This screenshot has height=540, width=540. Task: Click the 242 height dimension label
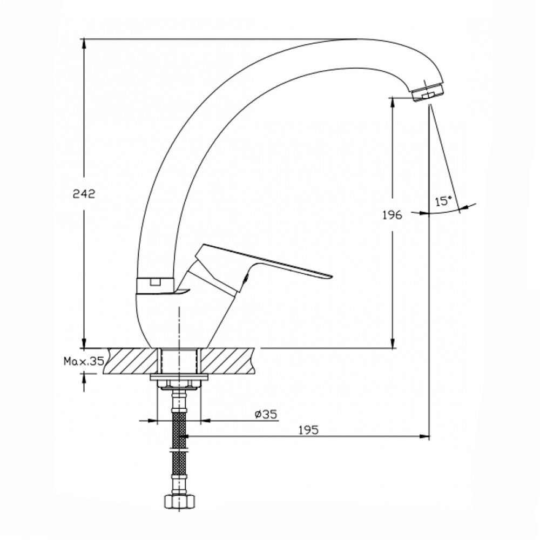tap(84, 194)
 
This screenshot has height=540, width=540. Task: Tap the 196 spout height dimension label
tap(392, 215)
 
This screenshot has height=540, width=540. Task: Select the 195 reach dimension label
tap(308, 430)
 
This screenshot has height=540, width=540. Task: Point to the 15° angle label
tap(443, 201)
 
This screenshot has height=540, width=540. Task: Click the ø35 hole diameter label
tap(266, 414)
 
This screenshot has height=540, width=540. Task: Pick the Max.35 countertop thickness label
tap(84, 361)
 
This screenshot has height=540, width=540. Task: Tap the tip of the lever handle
tap(332, 275)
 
